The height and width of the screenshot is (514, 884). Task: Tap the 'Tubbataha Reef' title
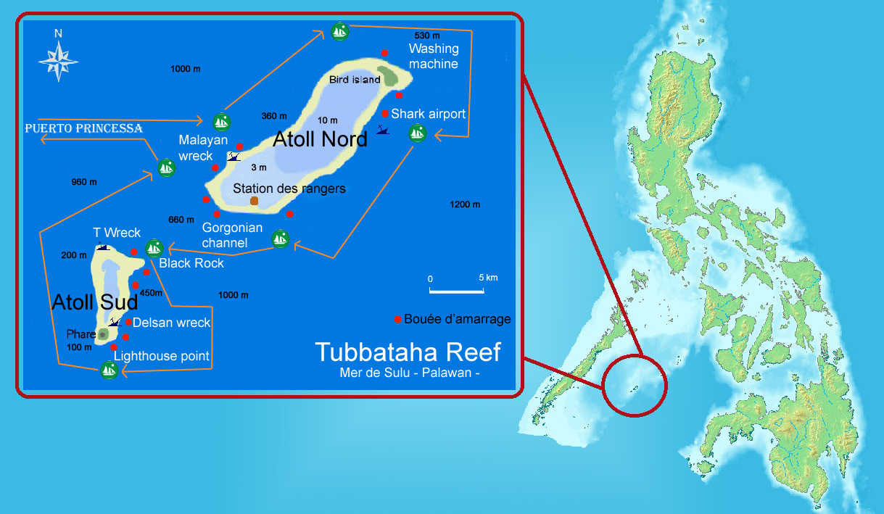coord(408,352)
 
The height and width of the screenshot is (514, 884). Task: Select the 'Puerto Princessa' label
coord(83,128)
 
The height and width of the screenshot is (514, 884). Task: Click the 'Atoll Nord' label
coord(320,139)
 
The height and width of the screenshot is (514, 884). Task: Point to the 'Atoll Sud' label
coord(94,302)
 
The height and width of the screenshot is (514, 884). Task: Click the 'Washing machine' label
coord(434,57)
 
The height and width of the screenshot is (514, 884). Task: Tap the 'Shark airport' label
coord(428,114)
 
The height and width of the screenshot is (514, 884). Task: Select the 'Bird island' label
coord(354,80)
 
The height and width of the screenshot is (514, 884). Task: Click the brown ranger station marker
coord(254,201)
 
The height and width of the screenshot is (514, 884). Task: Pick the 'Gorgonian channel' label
coord(232,235)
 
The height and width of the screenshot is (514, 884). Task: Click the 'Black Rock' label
coord(191,263)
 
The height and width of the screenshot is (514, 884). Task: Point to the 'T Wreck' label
coord(117,233)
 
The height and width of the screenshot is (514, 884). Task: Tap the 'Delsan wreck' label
coord(172,323)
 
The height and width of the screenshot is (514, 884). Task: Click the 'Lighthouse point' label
coord(161,356)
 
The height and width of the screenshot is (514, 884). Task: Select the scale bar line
coord(457,291)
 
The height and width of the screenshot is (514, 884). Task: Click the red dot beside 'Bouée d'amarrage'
coord(397,319)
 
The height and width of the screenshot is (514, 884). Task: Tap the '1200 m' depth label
coord(465,204)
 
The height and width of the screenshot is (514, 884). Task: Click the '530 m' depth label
coord(427,35)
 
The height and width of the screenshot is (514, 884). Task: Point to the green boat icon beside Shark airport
coord(417,133)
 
